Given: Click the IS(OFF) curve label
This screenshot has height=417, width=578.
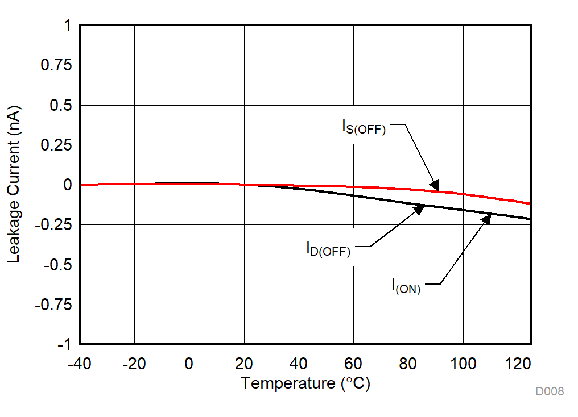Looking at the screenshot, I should click(x=364, y=127).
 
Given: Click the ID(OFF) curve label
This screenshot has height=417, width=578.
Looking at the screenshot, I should click(x=328, y=249).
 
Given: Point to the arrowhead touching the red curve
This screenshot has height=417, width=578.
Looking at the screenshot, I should click(x=435, y=185).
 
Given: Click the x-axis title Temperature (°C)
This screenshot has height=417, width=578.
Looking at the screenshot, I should click(x=305, y=383).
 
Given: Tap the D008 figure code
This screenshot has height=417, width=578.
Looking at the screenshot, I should click(x=549, y=391).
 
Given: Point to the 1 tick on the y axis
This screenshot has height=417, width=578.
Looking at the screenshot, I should click(x=67, y=26).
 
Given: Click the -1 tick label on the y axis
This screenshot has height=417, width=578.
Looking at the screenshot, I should click(x=64, y=345).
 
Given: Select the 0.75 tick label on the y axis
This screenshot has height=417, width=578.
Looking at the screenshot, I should click(x=56, y=66).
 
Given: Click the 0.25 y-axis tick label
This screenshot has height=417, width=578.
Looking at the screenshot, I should click(x=56, y=145).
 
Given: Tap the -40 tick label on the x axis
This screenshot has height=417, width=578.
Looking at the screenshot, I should click(x=79, y=364).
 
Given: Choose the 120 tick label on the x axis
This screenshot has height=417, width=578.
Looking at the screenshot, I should click(x=518, y=364).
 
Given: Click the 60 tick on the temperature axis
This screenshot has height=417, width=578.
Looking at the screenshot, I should click(x=353, y=364).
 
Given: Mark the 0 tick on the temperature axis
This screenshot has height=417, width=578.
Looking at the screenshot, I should click(x=189, y=364).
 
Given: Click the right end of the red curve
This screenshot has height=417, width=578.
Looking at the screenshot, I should click(x=530, y=203).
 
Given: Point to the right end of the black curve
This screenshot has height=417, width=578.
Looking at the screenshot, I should click(x=530, y=219).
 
